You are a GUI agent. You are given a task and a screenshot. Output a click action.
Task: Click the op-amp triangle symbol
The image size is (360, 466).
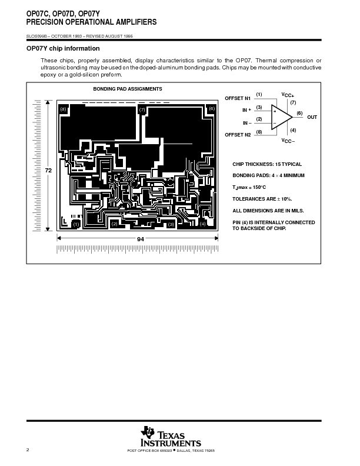(x=281, y=115)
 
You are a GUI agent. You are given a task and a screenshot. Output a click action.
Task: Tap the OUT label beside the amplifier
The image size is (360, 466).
(x=312, y=117)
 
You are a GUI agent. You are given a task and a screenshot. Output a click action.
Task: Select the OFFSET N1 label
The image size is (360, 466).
(x=238, y=98)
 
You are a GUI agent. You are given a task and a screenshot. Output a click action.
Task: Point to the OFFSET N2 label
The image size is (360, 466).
(x=238, y=135)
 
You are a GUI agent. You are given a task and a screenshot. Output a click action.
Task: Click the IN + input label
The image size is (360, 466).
(x=246, y=110)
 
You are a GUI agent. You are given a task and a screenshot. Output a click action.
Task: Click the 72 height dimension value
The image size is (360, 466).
(x=49, y=170)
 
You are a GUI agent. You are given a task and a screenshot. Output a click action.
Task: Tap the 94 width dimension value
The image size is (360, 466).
(x=124, y=239)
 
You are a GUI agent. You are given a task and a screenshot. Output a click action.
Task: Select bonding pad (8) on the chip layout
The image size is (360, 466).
(x=64, y=109)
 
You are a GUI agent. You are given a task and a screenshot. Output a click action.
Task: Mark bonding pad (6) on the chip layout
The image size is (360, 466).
(x=212, y=109)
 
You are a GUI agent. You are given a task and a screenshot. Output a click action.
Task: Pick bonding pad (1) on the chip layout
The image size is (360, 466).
(x=76, y=224)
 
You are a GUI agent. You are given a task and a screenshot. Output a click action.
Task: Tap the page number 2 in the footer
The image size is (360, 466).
(x=27, y=450)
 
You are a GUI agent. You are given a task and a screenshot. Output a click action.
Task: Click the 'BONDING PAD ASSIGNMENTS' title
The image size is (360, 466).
(x=128, y=88)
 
